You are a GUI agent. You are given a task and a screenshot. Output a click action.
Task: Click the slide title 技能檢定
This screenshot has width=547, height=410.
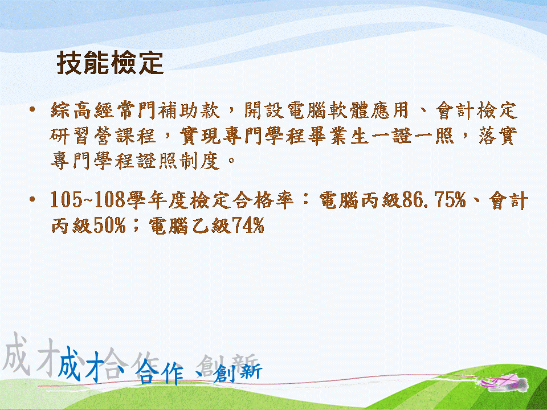pyautogui.click(x=110, y=63)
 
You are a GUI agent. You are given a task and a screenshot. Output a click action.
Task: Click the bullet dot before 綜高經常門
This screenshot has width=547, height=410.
pyautogui.click(x=32, y=109)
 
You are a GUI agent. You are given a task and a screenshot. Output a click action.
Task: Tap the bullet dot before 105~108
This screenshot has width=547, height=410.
pyautogui.click(x=32, y=200)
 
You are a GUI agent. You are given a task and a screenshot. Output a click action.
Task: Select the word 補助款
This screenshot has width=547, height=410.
pyautogui.click(x=189, y=110)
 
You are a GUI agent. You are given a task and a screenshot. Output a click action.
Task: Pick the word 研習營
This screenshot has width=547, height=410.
pyautogui.click(x=82, y=136)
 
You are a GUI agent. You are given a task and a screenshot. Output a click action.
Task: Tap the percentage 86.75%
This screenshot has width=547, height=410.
pyautogui.click(x=434, y=200)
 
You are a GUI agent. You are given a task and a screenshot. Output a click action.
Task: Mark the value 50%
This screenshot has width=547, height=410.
pyautogui.click(x=109, y=225)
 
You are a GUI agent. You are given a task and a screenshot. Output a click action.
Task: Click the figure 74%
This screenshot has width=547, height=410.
pyautogui.click(x=248, y=225)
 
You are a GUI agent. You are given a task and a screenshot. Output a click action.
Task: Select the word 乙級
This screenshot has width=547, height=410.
pyautogui.click(x=212, y=225)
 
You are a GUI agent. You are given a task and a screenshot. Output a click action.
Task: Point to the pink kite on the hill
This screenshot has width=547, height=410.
pyautogui.click(x=505, y=382)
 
